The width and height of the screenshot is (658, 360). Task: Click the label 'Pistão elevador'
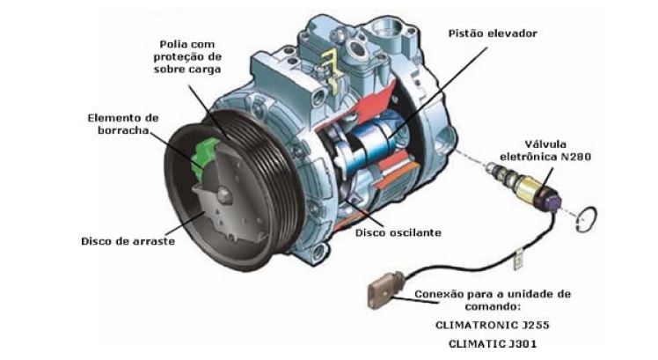point(493,33)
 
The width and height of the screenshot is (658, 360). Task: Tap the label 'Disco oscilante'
point(398,232)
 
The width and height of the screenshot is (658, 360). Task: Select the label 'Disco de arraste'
point(128,241)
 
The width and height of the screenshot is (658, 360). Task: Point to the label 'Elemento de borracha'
point(123,124)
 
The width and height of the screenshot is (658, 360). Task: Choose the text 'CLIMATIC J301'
point(493,344)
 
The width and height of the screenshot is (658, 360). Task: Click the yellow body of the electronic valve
point(530,187)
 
